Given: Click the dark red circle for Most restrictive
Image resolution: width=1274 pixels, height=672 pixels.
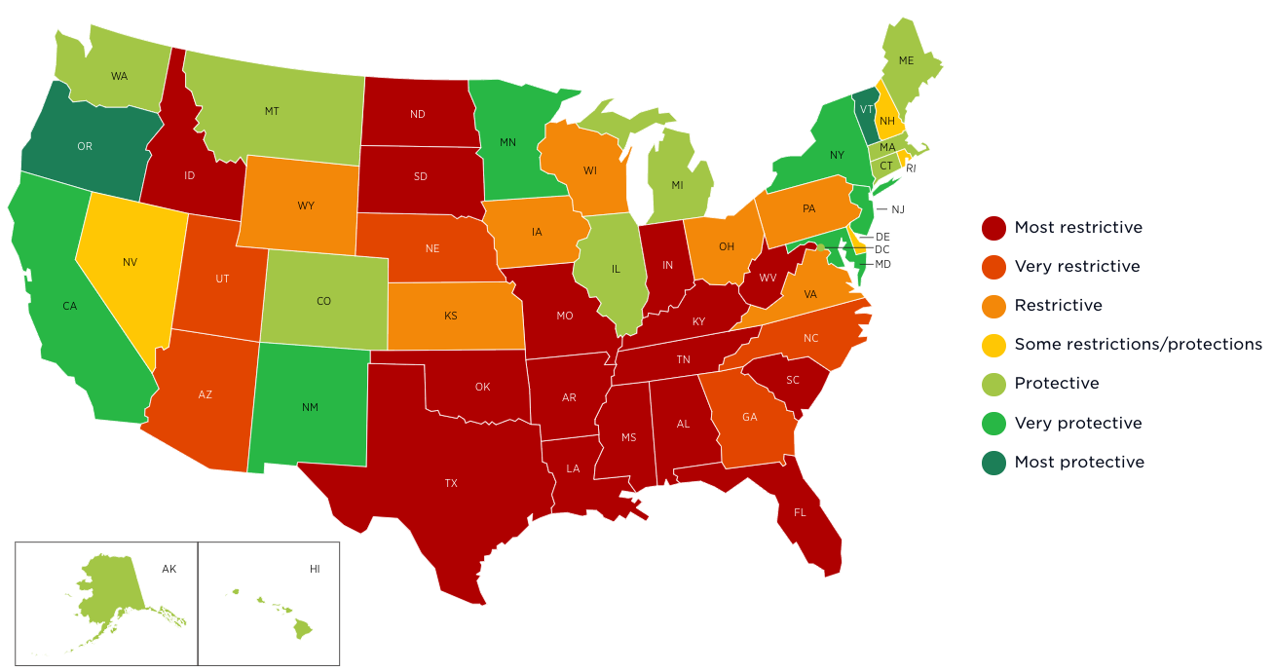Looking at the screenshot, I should pyautogui.click(x=993, y=228).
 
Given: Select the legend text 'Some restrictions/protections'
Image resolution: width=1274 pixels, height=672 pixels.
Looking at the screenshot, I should pyautogui.click(x=1138, y=345).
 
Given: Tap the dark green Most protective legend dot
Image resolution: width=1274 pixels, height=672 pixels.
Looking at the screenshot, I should pyautogui.click(x=993, y=463).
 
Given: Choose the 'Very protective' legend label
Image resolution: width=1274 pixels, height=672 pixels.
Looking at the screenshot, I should pyautogui.click(x=1077, y=423).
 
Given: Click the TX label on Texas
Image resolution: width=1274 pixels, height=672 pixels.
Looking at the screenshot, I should pyautogui.click(x=451, y=483).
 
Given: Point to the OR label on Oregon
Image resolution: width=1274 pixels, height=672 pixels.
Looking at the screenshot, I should pyautogui.click(x=85, y=147).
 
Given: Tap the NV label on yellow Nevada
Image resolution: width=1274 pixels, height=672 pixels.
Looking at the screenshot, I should pyautogui.click(x=130, y=262).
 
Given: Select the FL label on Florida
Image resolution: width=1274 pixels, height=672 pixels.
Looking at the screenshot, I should pyautogui.click(x=800, y=512).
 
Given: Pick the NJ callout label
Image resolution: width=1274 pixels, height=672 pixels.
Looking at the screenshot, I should pyautogui.click(x=897, y=209).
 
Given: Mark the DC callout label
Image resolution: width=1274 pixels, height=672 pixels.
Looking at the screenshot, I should pyautogui.click(x=882, y=250).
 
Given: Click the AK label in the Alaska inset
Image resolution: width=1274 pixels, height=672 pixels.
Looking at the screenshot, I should pyautogui.click(x=169, y=568).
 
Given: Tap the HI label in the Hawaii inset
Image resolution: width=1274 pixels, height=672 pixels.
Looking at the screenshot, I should pyautogui.click(x=315, y=568).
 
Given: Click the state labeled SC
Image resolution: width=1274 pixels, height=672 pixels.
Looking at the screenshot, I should pyautogui.click(x=793, y=380).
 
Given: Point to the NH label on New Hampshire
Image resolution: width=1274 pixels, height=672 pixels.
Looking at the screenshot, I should pyautogui.click(x=886, y=122).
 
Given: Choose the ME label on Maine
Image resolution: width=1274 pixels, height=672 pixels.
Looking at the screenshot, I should pyautogui.click(x=906, y=60).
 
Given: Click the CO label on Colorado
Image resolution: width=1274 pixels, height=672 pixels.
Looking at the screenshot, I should pyautogui.click(x=323, y=301).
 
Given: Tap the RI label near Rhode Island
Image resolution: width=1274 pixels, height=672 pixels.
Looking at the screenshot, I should pyautogui.click(x=911, y=168).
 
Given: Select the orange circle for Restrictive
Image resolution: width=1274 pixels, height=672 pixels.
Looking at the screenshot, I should pyautogui.click(x=993, y=306).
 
